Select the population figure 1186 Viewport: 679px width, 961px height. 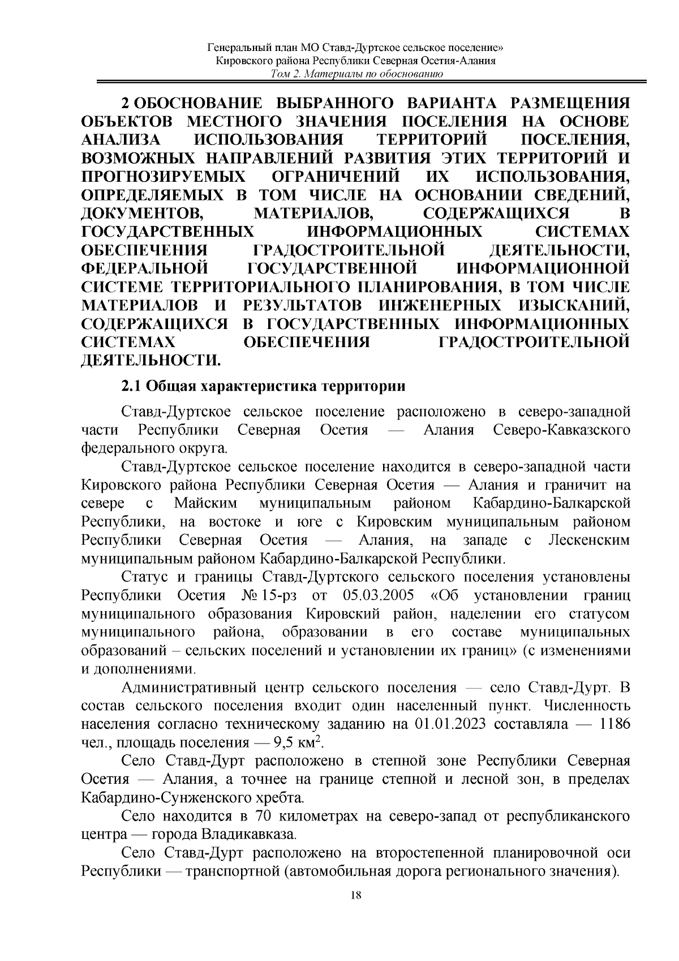613,724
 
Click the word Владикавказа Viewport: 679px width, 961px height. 247,835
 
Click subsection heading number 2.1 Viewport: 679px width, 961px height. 131,387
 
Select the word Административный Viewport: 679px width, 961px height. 190,688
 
